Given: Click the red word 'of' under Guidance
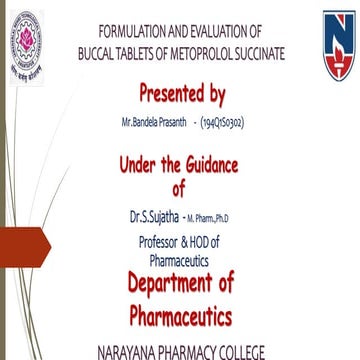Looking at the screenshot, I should point(179,188).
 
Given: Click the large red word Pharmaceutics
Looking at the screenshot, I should point(180,317).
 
